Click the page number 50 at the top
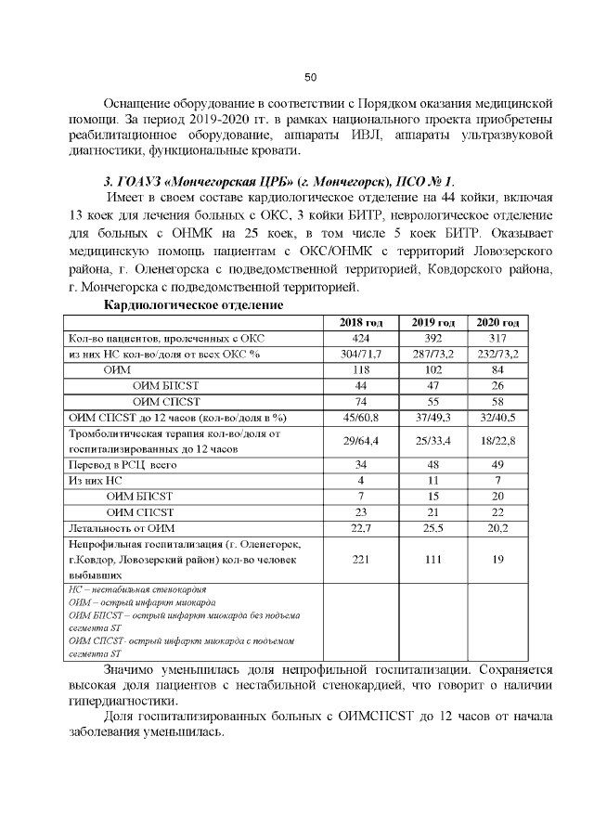pos(311,76)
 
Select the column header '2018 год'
pos(361,321)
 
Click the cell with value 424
pos(361,338)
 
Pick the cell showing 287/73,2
pos(432,354)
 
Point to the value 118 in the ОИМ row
pos(361,369)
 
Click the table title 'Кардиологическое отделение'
pos(193,304)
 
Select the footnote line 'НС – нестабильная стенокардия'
pos(138,589)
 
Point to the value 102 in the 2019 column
pos(432,369)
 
